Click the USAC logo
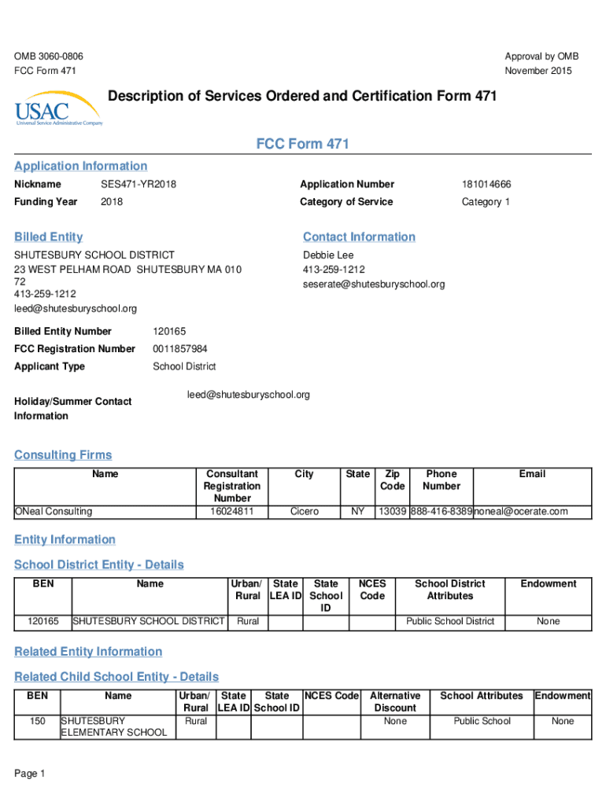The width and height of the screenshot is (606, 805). pyautogui.click(x=58, y=109)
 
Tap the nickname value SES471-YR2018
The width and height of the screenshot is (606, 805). pyautogui.click(x=139, y=185)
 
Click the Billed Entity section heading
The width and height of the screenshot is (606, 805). pyautogui.click(x=48, y=237)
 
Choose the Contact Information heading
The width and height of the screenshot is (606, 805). pyautogui.click(x=359, y=237)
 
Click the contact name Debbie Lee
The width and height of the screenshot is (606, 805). pyautogui.click(x=328, y=255)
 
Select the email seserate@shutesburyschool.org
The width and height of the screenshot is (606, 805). pyautogui.click(x=374, y=284)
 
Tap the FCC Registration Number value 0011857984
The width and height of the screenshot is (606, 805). pyautogui.click(x=180, y=349)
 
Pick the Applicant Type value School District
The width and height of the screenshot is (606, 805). pyautogui.click(x=184, y=367)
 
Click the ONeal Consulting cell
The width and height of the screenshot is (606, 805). pyautogui.click(x=54, y=512)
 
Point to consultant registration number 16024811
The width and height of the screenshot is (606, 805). pyautogui.click(x=232, y=512)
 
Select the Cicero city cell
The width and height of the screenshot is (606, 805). pyautogui.click(x=305, y=512)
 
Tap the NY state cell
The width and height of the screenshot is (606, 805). pyautogui.click(x=357, y=512)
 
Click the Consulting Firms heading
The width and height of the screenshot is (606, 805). pyautogui.click(x=63, y=455)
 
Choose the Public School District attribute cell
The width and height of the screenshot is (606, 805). pyautogui.click(x=450, y=622)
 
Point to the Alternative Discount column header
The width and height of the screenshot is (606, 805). pyautogui.click(x=395, y=702)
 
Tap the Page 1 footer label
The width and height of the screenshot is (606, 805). pyautogui.click(x=30, y=774)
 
